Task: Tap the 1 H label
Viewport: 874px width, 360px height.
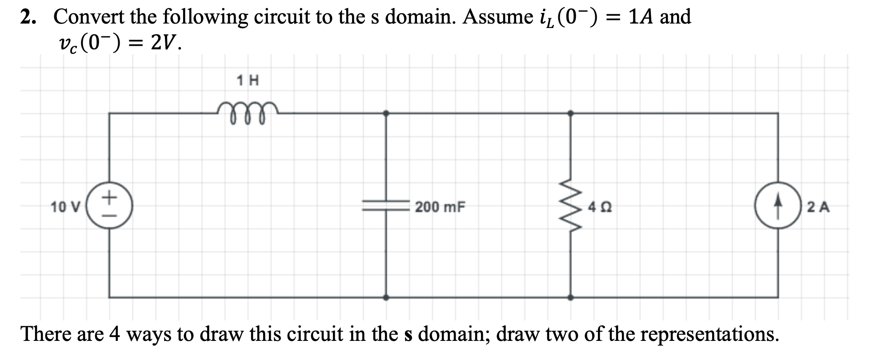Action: click(x=248, y=80)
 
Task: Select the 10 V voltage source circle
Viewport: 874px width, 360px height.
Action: click(x=109, y=206)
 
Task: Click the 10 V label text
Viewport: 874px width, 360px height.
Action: click(x=65, y=207)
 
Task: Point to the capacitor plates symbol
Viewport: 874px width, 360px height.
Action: click(x=386, y=205)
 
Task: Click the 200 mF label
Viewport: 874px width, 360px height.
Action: click(x=440, y=207)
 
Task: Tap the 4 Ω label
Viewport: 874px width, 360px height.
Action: click(x=600, y=207)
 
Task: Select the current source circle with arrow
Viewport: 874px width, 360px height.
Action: click(x=778, y=206)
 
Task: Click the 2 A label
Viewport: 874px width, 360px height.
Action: click(x=818, y=207)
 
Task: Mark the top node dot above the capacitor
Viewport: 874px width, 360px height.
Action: click(x=386, y=113)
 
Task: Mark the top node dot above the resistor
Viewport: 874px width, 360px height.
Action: click(x=571, y=113)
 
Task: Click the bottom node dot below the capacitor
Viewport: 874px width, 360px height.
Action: click(x=386, y=297)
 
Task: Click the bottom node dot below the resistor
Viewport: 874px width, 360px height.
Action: click(x=571, y=297)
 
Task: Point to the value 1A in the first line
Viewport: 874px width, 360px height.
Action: click(x=641, y=17)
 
